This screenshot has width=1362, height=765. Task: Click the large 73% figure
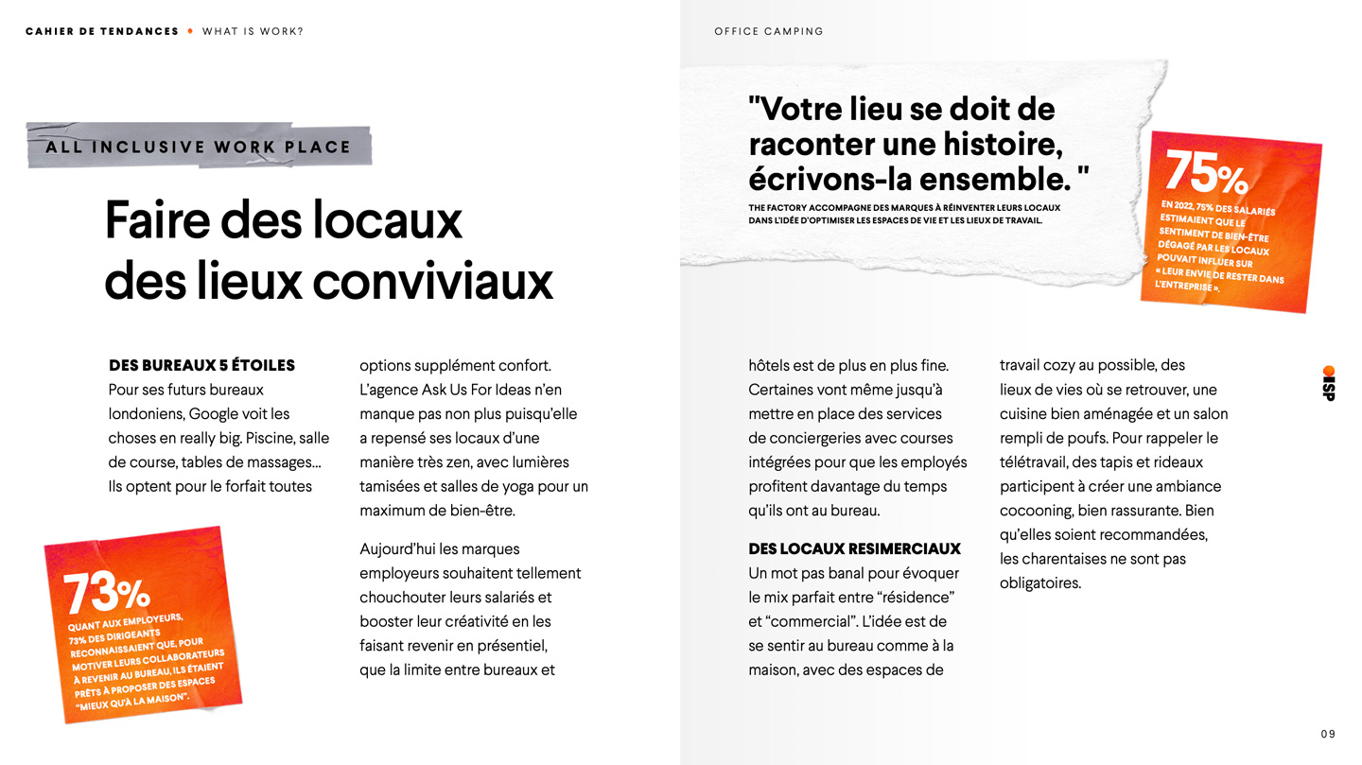click(x=106, y=593)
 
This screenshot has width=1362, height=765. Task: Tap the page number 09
click(x=1328, y=734)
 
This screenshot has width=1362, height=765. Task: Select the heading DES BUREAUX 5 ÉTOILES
click(x=201, y=365)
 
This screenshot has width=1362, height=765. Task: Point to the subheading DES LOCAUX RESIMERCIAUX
click(x=853, y=548)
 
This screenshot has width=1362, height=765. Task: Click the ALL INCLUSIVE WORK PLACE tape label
click(x=199, y=147)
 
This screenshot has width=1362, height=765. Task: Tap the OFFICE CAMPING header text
click(x=768, y=31)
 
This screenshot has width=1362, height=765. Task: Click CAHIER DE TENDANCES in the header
click(x=102, y=31)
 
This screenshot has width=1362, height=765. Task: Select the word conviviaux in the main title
click(x=432, y=281)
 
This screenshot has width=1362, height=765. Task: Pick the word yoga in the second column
click(x=510, y=486)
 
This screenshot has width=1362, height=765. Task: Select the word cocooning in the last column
click(x=1037, y=511)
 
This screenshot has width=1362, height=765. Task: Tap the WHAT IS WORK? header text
click(x=253, y=31)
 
